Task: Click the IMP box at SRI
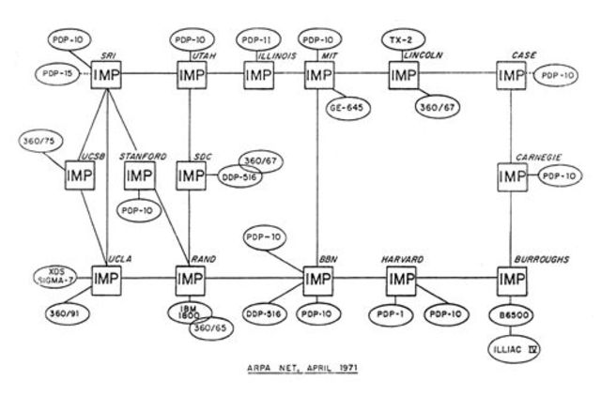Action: point(108,74)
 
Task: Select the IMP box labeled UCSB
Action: point(81,175)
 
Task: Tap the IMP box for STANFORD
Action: point(139,175)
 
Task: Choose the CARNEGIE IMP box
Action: point(513,175)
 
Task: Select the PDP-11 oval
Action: point(256,40)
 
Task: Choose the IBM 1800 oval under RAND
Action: point(189,313)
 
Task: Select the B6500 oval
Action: point(513,316)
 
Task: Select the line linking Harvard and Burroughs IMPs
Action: point(456,280)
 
